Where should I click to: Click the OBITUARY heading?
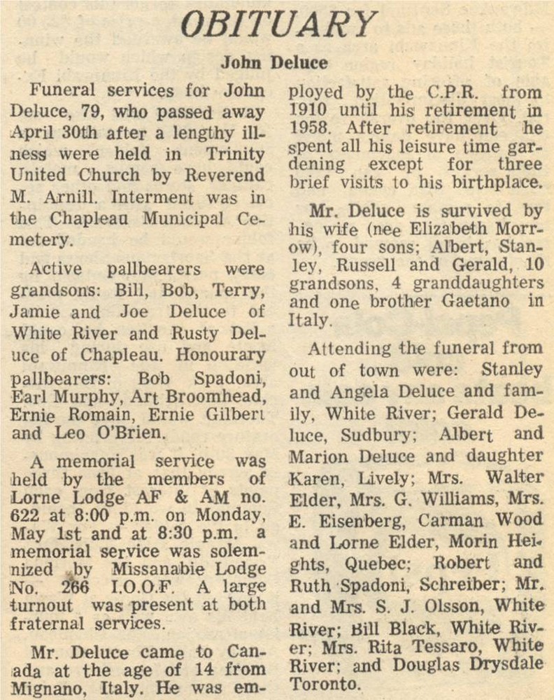click(278, 25)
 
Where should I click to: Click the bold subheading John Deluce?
click(274, 63)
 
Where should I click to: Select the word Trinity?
click(235, 154)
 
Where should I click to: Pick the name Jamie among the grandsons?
click(35, 312)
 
